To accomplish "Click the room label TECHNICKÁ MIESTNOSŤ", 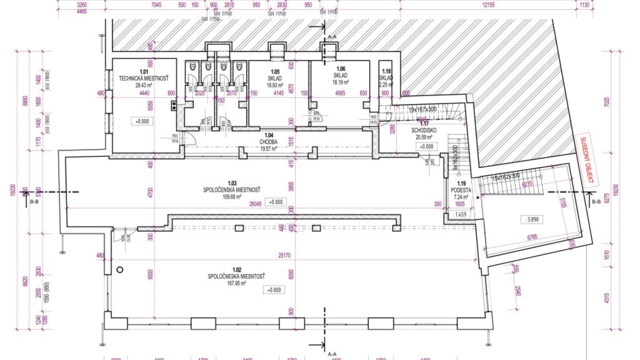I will click(143, 78).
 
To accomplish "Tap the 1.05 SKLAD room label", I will click(275, 78).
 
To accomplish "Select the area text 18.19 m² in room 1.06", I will click(340, 83).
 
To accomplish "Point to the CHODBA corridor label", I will click(269, 142).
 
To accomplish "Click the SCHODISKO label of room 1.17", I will click(424, 130).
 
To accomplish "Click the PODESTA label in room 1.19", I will click(461, 190).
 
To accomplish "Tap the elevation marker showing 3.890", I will click(532, 219).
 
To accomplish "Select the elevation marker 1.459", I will click(460, 214).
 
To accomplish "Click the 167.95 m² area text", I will click(236, 284).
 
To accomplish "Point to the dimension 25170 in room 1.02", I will click(284, 255).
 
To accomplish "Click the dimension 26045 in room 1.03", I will click(255, 204).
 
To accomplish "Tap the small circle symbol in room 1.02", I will click(120, 270).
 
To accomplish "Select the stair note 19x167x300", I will click(422, 109).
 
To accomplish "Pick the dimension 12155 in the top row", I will click(488, 5).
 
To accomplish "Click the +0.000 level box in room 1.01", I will click(142, 121).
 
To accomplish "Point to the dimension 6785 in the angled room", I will click(532, 237).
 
